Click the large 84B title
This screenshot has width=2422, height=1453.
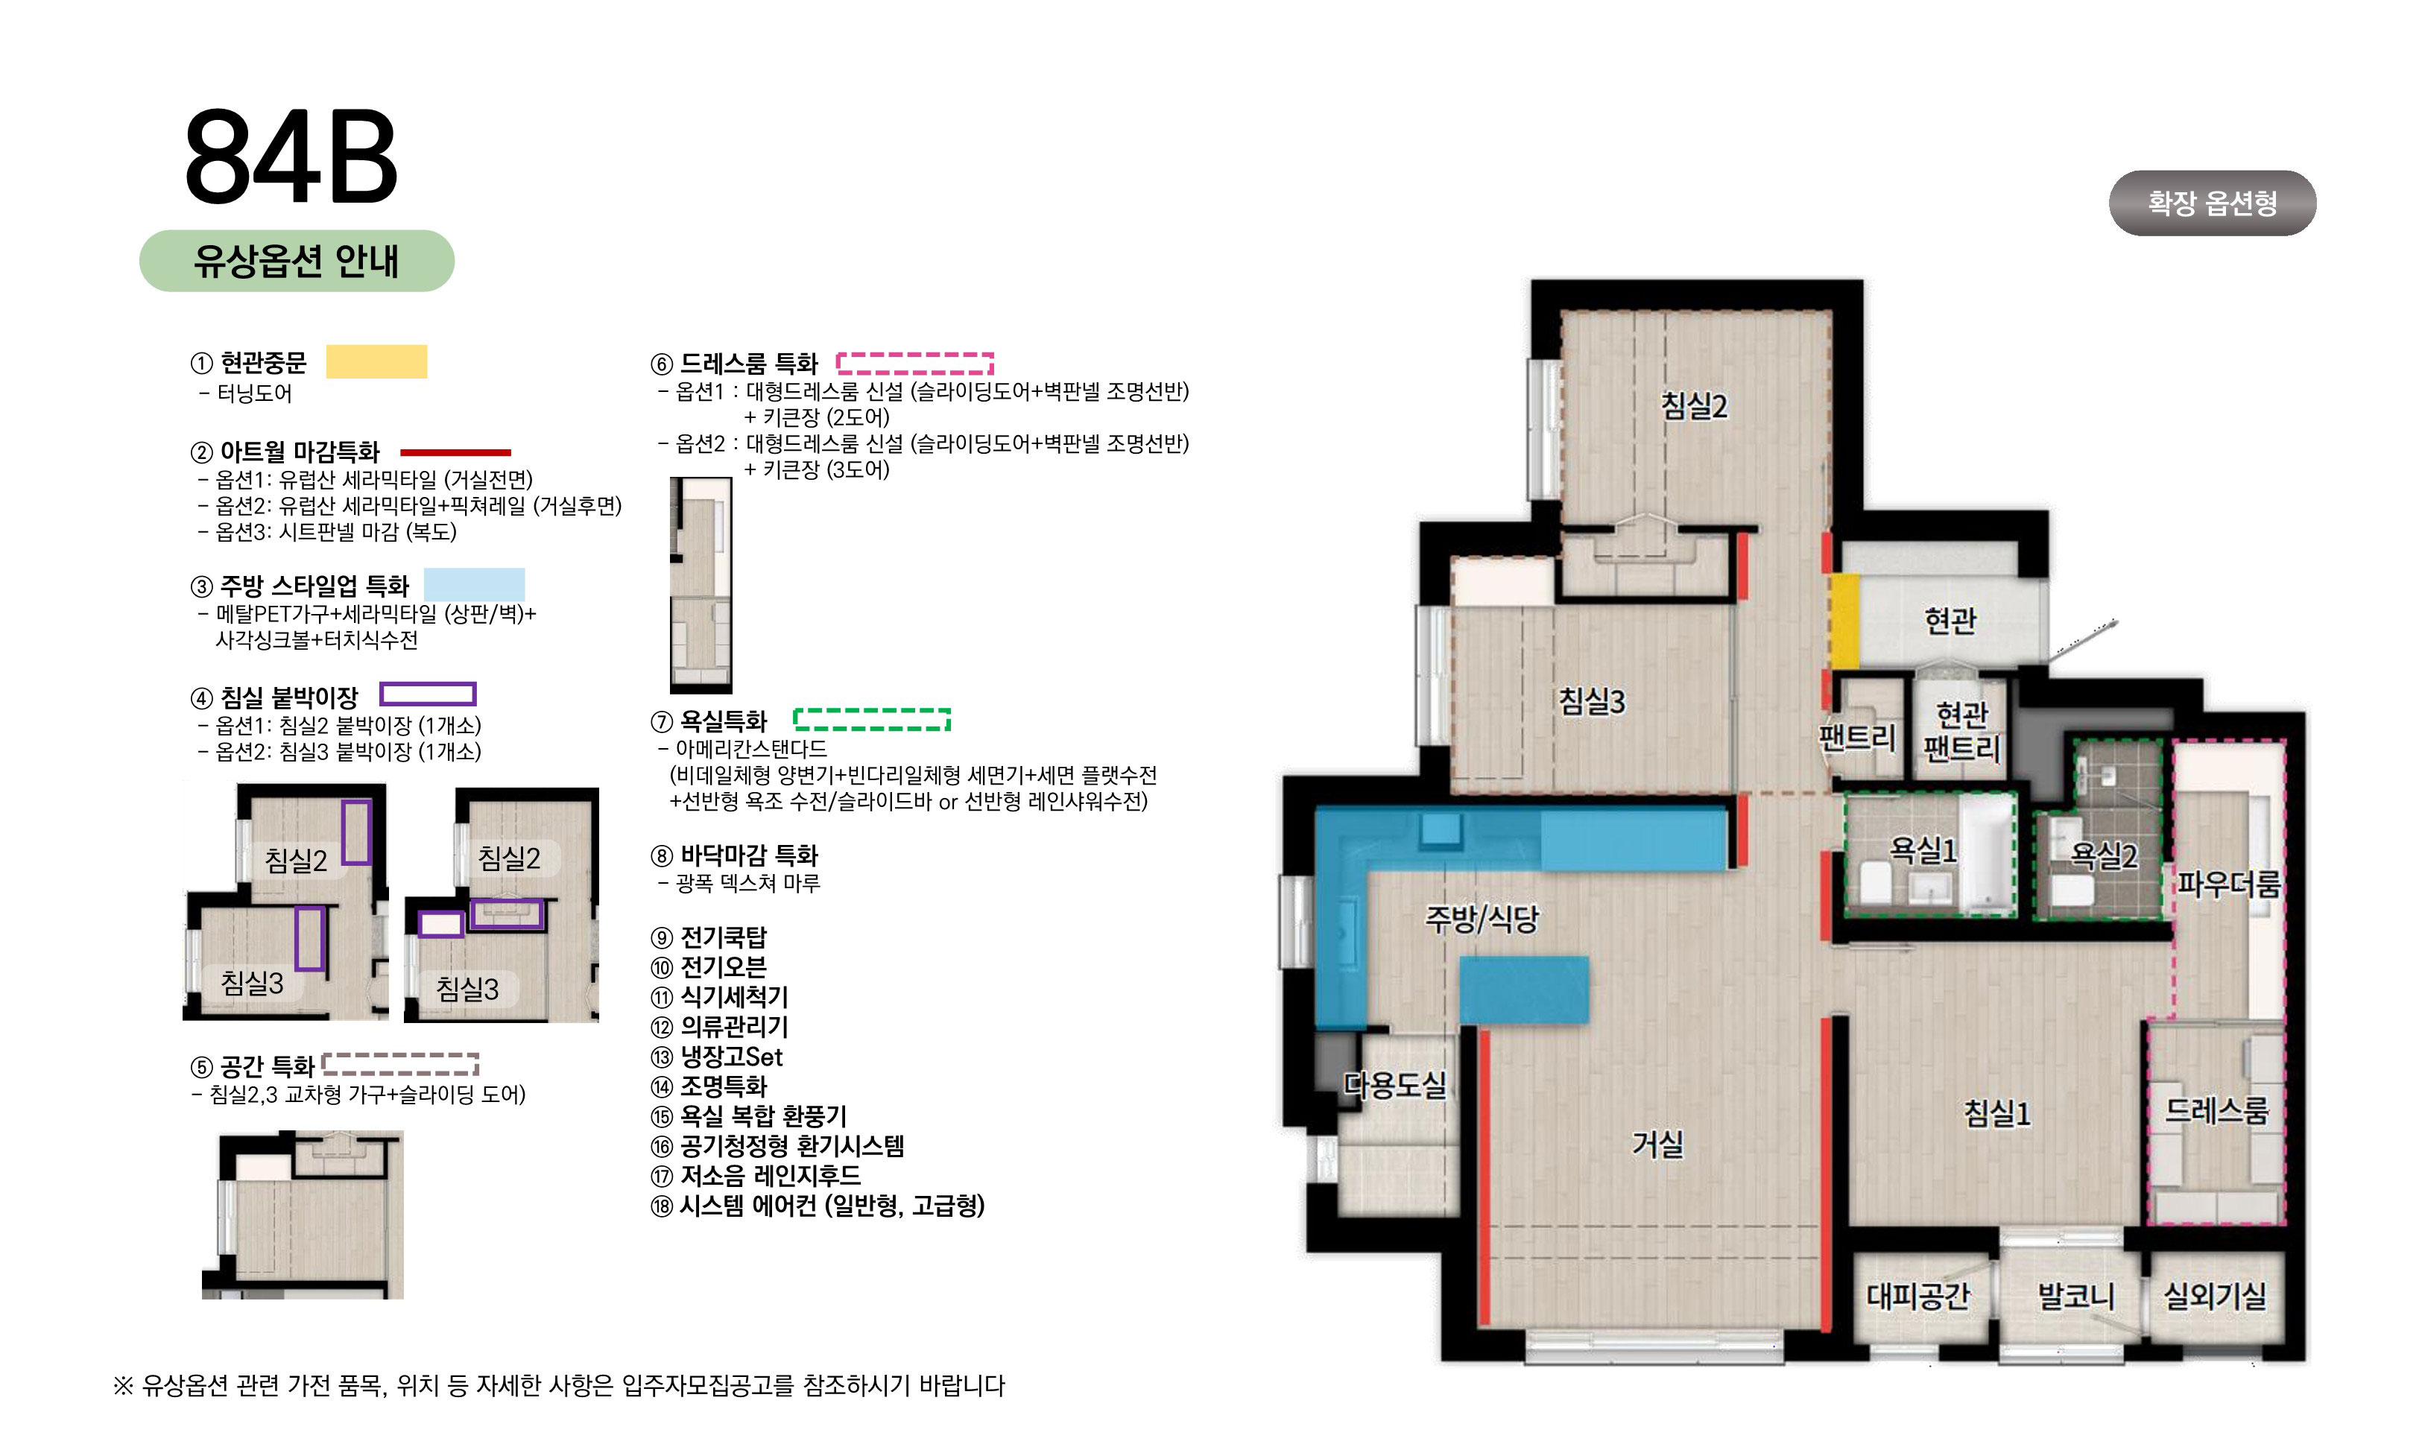coord(291,156)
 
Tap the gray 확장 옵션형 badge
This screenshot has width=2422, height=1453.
coord(2212,203)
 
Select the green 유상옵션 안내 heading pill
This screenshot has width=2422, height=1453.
coord(297,261)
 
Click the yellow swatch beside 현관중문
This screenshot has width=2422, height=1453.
coord(376,361)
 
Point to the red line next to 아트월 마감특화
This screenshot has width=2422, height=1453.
coord(455,452)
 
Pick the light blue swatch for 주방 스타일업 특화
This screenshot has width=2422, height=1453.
coord(474,584)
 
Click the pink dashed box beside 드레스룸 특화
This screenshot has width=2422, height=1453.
coord(914,364)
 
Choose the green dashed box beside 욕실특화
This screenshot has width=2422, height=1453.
coord(871,720)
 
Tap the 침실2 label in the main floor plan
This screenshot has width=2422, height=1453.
coord(1694,405)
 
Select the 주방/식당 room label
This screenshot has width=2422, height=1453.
coord(1482,919)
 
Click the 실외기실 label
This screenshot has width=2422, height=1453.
coord(2215,1297)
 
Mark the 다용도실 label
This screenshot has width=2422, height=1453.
coord(1394,1084)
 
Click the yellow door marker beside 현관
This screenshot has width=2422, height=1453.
coord(1844,621)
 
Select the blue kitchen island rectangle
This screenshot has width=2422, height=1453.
coord(1523,990)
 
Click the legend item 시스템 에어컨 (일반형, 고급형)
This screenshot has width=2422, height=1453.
coord(818,1206)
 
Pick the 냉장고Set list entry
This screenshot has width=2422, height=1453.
coord(717,1057)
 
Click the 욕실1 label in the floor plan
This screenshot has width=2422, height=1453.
coord(1922,850)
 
